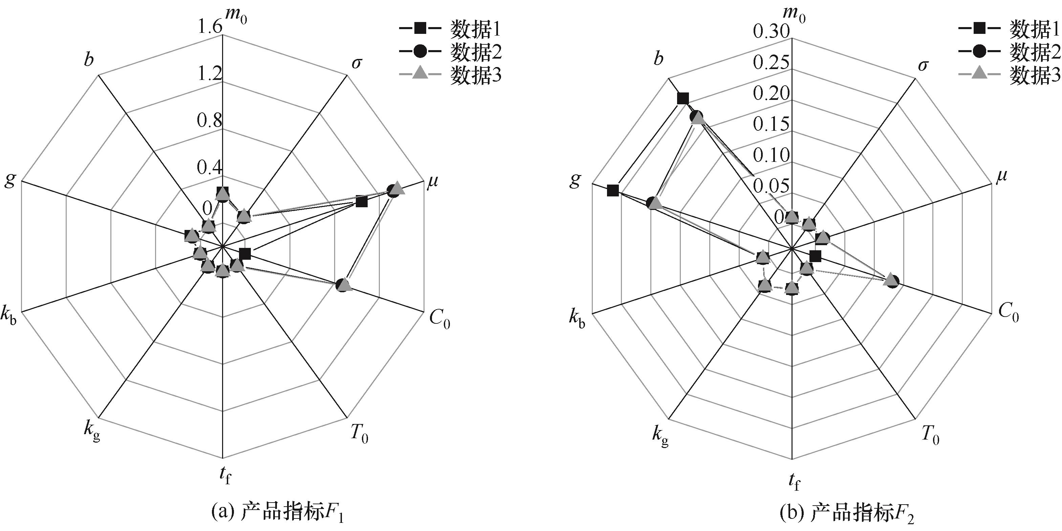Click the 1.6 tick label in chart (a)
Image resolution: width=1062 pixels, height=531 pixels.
210,27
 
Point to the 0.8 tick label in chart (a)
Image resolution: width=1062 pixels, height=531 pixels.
210,121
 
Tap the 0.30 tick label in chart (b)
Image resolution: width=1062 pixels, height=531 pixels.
771,32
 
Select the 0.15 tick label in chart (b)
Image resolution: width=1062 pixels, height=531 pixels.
771,124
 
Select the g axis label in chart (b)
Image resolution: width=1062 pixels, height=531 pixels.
575,180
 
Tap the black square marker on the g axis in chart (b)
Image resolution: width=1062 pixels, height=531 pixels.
613,190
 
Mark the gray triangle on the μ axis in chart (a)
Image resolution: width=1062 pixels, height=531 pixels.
396,187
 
